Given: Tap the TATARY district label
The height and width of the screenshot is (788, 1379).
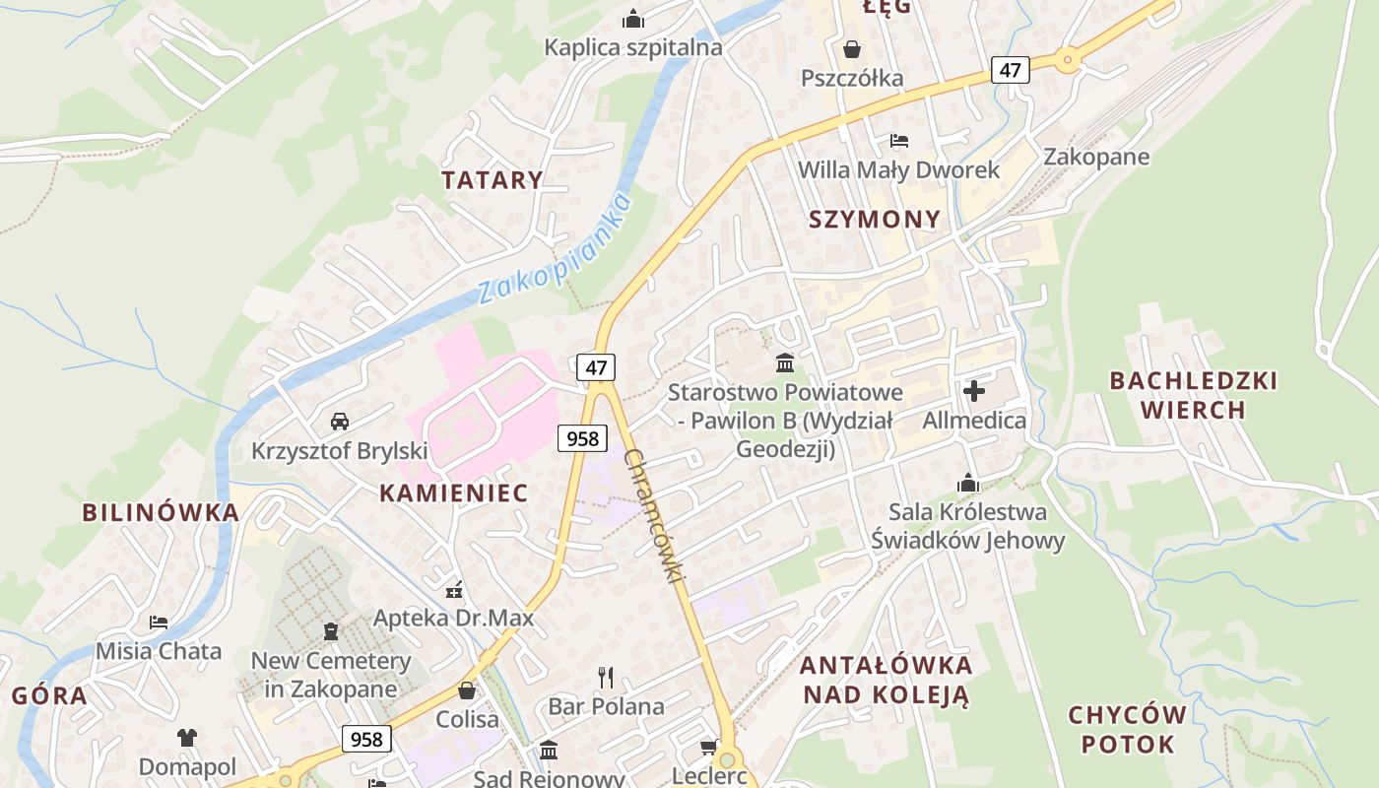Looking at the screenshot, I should [492, 179].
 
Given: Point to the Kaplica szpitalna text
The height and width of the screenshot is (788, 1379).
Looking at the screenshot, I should [633, 47].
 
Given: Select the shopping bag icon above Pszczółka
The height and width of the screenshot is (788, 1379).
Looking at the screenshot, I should [851, 48].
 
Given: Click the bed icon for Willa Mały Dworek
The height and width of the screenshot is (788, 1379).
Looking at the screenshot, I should [898, 141].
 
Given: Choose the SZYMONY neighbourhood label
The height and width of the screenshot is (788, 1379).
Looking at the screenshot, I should [875, 219].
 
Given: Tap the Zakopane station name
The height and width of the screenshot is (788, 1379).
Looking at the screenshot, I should [1096, 157].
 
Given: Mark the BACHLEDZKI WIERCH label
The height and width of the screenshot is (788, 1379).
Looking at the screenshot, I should [1193, 394].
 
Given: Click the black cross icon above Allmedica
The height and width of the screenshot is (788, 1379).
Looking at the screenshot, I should [974, 391].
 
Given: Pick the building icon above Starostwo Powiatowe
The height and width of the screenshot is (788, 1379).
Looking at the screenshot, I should [785, 363].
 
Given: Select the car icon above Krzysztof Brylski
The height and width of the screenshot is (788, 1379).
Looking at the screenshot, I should [340, 422].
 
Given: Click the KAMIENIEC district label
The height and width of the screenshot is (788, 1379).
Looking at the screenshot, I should [454, 492].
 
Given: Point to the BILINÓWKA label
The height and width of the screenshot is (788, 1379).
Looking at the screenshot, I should [161, 512].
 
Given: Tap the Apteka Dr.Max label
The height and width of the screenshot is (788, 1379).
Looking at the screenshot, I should [453, 618].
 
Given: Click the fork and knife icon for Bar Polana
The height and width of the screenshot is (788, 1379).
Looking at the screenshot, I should [606, 677].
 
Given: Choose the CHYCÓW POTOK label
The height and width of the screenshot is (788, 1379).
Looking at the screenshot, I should [1127, 729].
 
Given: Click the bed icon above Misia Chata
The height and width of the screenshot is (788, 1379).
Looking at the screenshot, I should [159, 622].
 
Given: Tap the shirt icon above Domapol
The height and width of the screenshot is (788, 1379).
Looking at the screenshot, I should [187, 737].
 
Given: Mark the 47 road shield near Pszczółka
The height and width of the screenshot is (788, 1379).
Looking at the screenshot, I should [1011, 69].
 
